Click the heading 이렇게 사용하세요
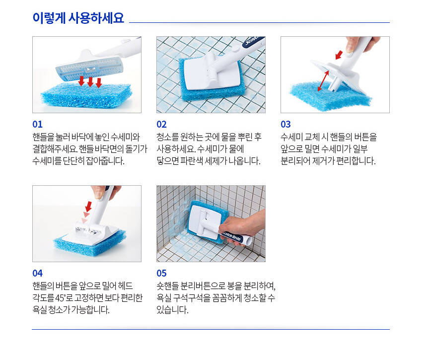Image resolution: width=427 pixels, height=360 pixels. (x=78, y=18)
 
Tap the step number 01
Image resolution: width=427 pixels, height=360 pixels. (x=37, y=125)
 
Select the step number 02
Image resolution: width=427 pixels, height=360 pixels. (x=161, y=125)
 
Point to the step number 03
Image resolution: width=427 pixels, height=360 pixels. (x=285, y=125)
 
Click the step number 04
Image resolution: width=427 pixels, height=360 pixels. (x=37, y=273)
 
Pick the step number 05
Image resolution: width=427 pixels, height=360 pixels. (x=161, y=273)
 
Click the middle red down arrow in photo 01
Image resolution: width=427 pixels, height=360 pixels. (x=90, y=82)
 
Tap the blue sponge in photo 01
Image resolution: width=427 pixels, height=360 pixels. (x=86, y=96)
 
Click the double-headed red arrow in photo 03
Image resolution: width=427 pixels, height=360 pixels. (x=323, y=81)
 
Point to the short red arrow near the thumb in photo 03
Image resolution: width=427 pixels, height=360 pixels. (x=339, y=55)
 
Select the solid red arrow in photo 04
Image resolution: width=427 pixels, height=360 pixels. (x=88, y=206)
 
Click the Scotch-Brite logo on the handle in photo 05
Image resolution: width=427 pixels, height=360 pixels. (x=232, y=236)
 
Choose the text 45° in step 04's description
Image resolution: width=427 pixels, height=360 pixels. (x=60, y=297)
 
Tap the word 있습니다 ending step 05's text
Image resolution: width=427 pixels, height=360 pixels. (x=172, y=310)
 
